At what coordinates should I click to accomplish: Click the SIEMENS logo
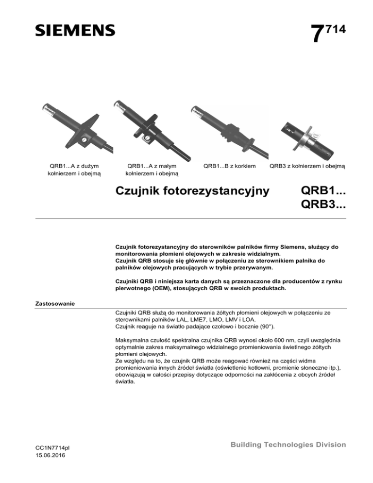75,30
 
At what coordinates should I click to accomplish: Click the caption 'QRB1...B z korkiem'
229,166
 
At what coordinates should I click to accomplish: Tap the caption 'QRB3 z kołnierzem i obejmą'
307,166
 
